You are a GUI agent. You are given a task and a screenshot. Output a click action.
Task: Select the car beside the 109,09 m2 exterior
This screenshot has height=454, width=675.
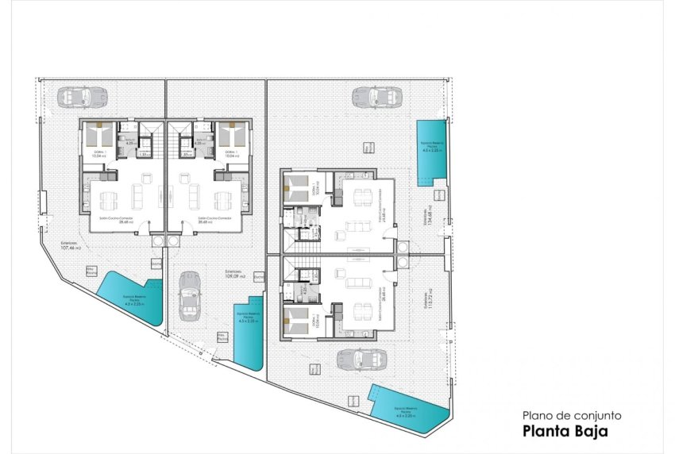[190, 295]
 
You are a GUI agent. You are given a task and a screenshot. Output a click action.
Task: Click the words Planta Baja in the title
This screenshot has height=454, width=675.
[565, 432]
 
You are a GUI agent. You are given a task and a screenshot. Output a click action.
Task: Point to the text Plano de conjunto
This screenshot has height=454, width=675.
[565, 415]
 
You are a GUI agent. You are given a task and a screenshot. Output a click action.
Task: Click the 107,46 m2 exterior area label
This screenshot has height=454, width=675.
[72, 246]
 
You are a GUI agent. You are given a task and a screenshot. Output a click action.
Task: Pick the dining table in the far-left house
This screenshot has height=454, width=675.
[107, 196]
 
